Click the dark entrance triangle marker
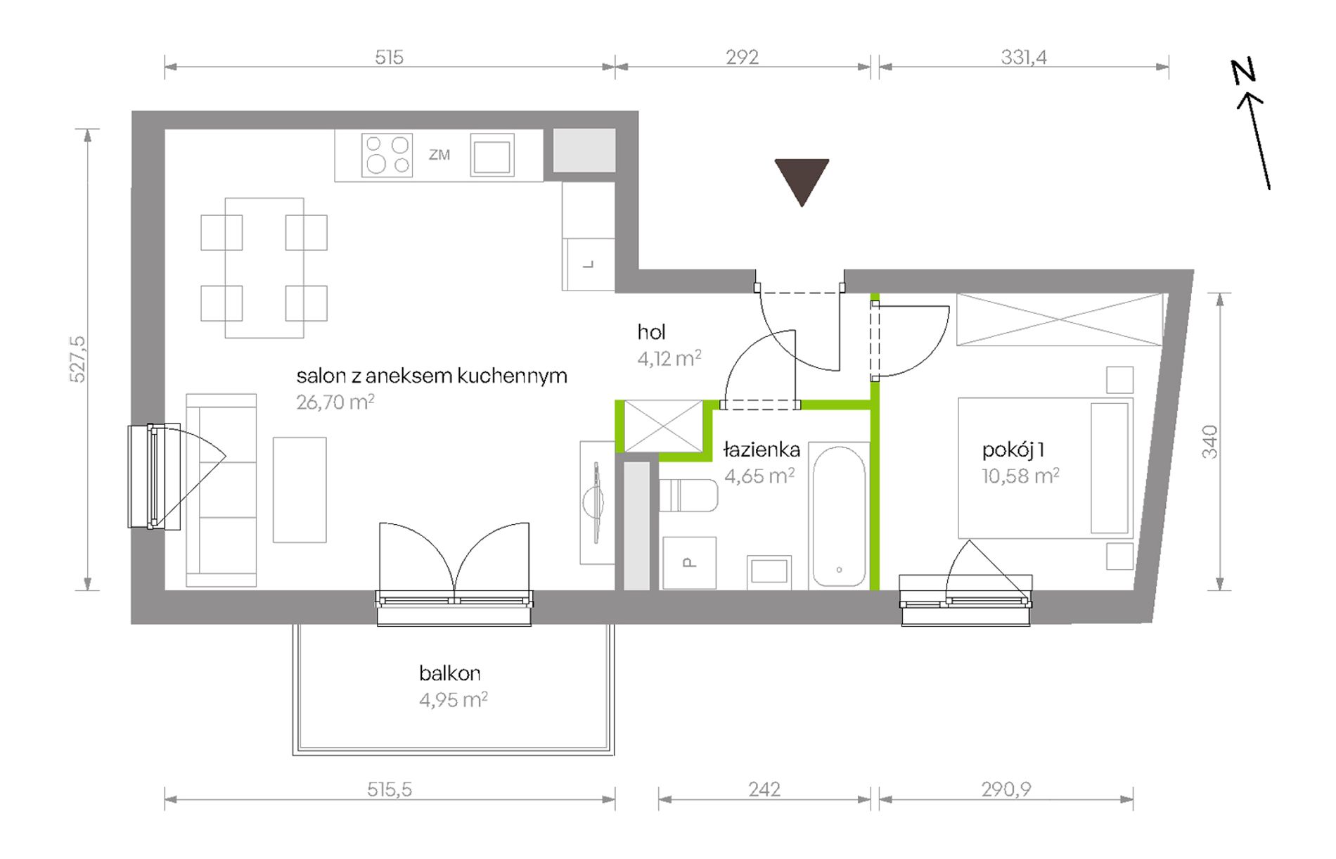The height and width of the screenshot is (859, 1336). tap(802, 179)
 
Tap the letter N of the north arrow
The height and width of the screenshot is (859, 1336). tap(1243, 71)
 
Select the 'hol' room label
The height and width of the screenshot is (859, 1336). tap(651, 331)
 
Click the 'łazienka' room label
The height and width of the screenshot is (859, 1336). tap(762, 449)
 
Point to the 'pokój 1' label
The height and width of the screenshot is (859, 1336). tap(1013, 450)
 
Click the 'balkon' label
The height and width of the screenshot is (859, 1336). tap(450, 673)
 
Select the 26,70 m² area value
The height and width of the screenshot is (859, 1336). tap(335, 402)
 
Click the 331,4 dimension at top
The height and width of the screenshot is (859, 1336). tap(1024, 57)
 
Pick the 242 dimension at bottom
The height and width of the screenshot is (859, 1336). tap(764, 789)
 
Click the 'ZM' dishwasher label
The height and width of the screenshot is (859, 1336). tap(439, 155)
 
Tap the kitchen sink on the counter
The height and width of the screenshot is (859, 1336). tap(492, 155)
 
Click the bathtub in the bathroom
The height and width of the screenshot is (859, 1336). tap(839, 516)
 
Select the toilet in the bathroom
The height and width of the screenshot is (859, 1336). tap(688, 495)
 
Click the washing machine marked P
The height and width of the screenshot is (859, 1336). tap(689, 563)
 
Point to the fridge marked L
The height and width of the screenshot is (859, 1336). tap(589, 265)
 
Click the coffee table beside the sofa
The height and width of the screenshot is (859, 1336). tap(300, 490)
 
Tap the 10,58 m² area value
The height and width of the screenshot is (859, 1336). tap(1021, 476)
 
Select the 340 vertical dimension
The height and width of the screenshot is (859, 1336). tap(1209, 442)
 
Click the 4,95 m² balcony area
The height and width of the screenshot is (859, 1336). tap(454, 700)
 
